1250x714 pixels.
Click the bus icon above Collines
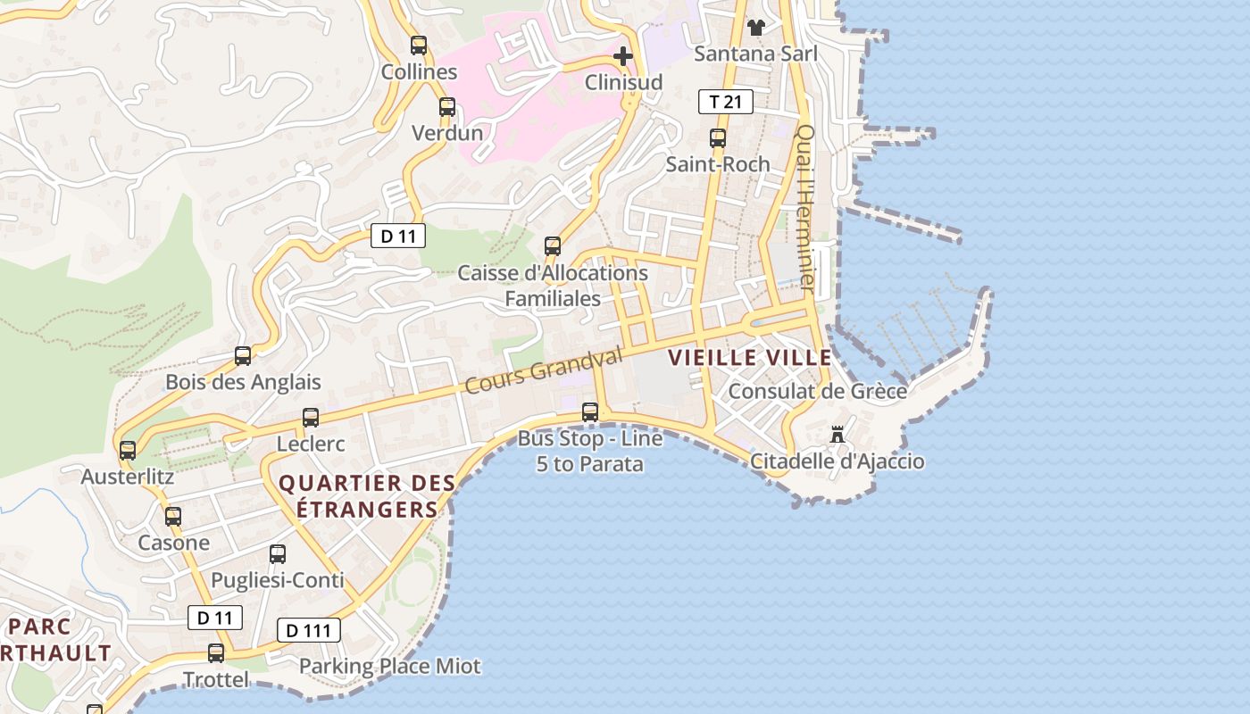[x=419, y=46]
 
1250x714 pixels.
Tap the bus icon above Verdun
[x=447, y=107]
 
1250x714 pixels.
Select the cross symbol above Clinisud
[x=623, y=57]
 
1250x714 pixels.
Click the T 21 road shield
[x=725, y=102]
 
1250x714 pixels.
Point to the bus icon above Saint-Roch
[x=718, y=138]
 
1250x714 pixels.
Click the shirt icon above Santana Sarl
[x=756, y=27]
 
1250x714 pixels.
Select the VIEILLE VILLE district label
[x=750, y=358]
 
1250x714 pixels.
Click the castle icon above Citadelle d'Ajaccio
[x=837, y=435]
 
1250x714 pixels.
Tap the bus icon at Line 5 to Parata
[x=590, y=412]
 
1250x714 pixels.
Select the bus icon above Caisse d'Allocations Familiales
[x=553, y=246]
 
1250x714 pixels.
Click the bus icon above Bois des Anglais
[x=243, y=356]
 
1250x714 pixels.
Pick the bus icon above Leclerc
[x=311, y=418]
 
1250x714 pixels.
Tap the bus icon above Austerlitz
[x=128, y=451]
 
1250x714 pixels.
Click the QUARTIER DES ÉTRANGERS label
[x=366, y=496]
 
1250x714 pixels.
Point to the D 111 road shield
[x=309, y=630]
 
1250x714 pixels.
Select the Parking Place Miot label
[x=389, y=666]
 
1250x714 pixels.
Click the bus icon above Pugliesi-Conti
[x=278, y=554]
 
